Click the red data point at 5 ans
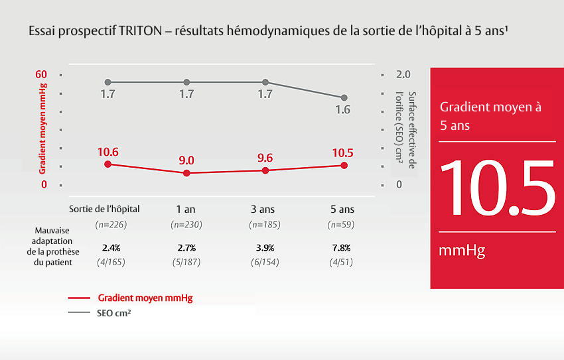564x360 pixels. pos(343,165)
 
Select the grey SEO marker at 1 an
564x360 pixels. pos(186,82)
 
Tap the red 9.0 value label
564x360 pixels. pos(186,160)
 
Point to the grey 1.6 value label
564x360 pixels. pos(342,110)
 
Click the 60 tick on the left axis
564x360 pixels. pos(41,74)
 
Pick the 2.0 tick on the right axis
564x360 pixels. pos(403,74)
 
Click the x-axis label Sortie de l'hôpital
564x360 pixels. pos(105,209)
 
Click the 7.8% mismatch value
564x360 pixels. pos(342,248)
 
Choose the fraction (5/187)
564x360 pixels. pos(186,261)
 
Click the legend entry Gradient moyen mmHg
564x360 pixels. pos(145,298)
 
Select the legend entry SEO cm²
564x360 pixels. pos(109,312)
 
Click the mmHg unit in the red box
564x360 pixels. pos(462,251)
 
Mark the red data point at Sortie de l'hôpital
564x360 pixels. pos(108,164)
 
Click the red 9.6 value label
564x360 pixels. pos(265,158)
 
